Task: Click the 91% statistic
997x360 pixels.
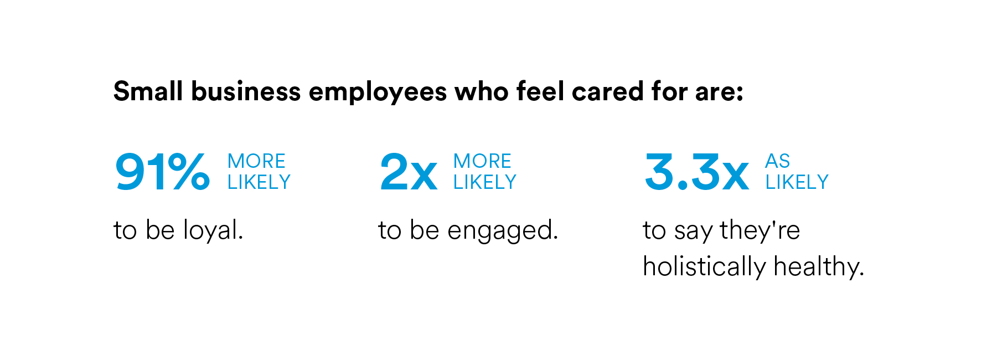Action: click(x=162, y=172)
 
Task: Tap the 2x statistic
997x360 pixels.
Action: click(x=409, y=172)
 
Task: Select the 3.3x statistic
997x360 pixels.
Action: click(x=697, y=172)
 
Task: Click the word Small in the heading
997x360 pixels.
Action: click(x=148, y=91)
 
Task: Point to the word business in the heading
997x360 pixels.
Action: click(x=246, y=91)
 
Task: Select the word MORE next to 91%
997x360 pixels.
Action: click(x=256, y=161)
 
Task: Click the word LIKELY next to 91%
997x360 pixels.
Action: click(x=259, y=182)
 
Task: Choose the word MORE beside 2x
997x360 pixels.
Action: click(x=482, y=161)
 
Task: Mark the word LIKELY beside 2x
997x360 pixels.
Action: click(x=485, y=182)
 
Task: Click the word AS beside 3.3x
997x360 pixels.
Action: click(x=777, y=161)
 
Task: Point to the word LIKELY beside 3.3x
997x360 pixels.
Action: click(x=797, y=182)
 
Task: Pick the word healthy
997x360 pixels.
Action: click(x=819, y=267)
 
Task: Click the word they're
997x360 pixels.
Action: click(x=760, y=230)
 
